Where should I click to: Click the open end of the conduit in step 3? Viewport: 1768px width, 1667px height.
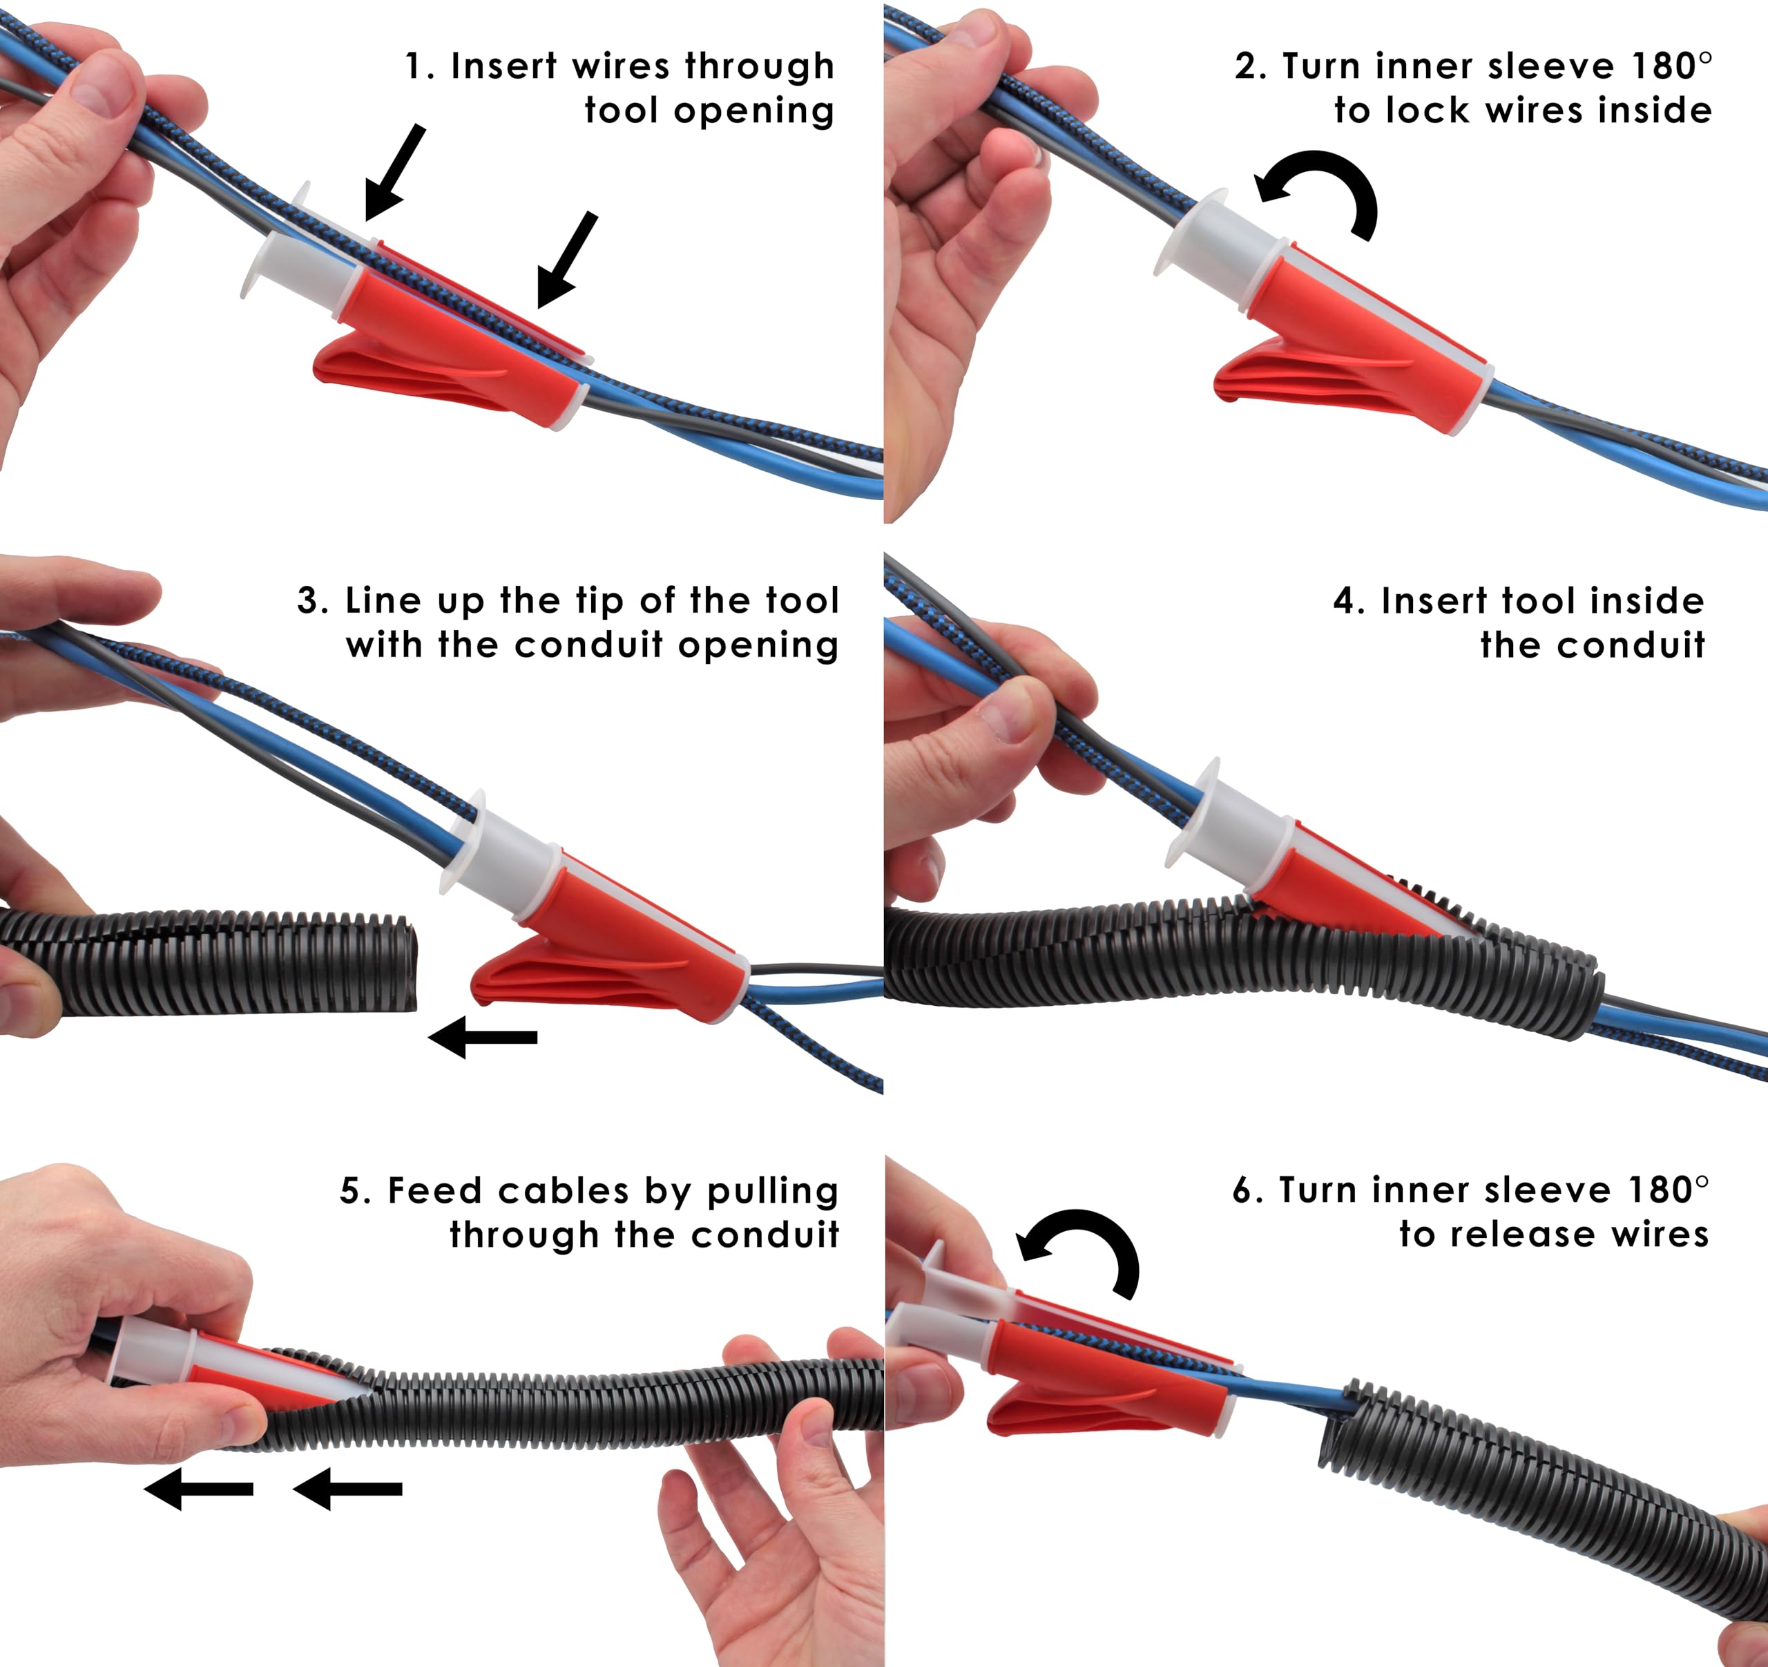tap(405, 966)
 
